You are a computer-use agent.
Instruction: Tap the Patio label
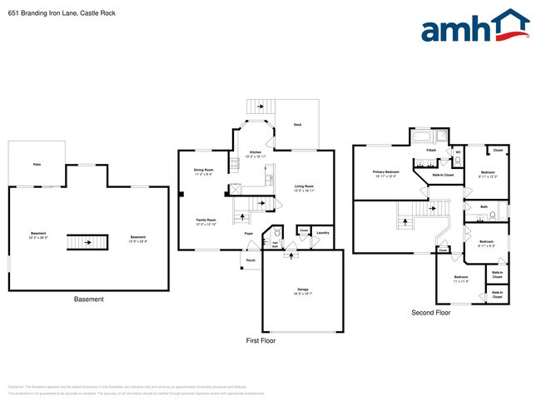click(37, 165)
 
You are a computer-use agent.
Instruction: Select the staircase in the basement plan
click(87, 241)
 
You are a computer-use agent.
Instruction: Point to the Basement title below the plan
click(88, 299)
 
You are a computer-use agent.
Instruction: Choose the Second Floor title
click(430, 313)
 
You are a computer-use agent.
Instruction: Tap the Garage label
click(303, 290)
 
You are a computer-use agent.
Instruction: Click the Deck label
click(297, 125)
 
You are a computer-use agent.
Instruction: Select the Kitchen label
click(256, 152)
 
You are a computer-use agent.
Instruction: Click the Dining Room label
click(204, 171)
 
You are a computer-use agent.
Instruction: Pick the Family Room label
click(206, 220)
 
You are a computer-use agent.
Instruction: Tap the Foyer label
click(248, 234)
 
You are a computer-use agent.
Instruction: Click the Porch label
click(251, 260)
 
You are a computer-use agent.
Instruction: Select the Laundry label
click(323, 232)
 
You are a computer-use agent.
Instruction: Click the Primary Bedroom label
click(385, 172)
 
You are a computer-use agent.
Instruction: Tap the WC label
click(457, 153)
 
